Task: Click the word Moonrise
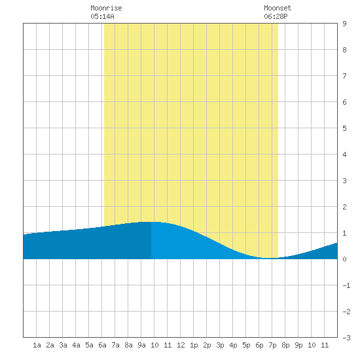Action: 106,8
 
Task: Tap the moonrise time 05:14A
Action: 102,16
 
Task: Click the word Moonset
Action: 278,8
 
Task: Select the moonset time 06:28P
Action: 276,16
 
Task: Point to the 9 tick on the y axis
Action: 344,24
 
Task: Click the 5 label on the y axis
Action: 344,128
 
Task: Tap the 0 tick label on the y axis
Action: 344,259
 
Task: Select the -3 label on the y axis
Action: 346,338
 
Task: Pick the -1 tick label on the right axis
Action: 346,285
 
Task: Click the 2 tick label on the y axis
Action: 344,207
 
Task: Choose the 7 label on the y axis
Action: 344,76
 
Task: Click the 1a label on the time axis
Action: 37,345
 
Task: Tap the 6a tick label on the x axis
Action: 102,345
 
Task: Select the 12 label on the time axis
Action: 181,345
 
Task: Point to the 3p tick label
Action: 220,345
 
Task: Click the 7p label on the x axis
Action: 272,345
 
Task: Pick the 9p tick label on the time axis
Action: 298,345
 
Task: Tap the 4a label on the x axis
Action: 76,345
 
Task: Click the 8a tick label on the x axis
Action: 128,345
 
